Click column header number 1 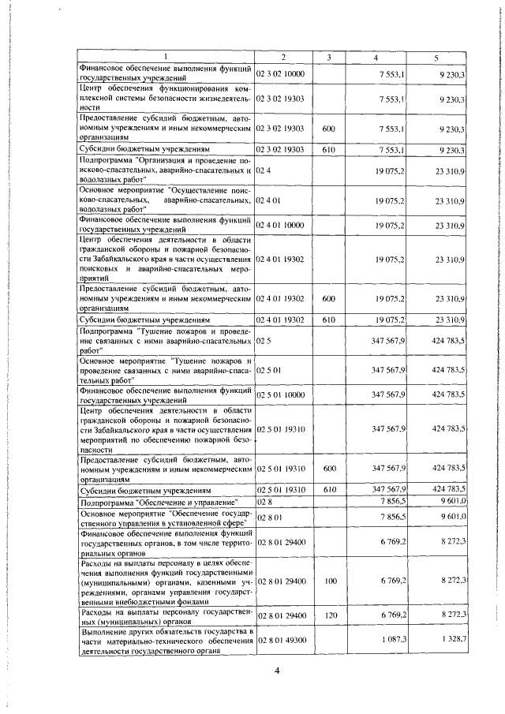(166, 58)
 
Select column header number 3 (327, 58)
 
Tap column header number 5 (436, 58)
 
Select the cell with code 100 (330, 581)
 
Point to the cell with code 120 (330, 613)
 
